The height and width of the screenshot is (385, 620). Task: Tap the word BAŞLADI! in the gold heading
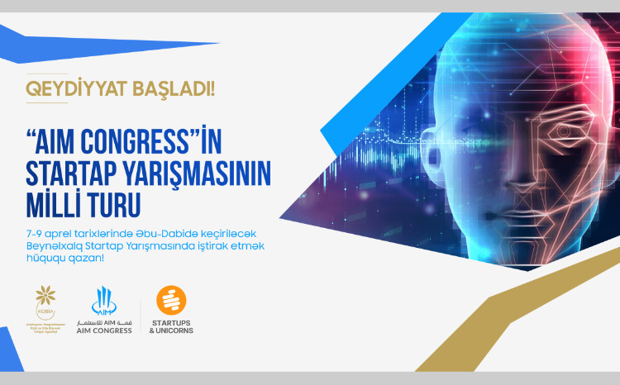coord(169,88)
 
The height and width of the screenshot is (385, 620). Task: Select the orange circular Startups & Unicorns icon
coord(171,299)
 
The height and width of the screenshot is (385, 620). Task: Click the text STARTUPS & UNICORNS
coord(171,327)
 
